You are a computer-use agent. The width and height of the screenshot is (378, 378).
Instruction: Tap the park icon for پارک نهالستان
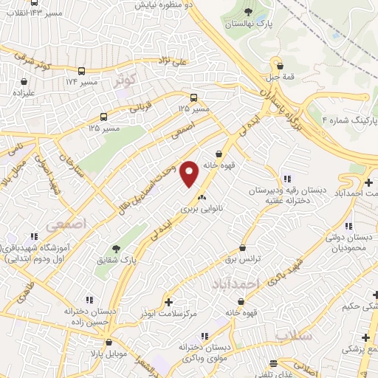click(248, 11)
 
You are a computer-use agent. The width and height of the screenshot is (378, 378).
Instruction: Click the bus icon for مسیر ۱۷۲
click(80, 72)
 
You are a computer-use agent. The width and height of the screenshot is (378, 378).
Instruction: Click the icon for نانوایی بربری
click(202, 197)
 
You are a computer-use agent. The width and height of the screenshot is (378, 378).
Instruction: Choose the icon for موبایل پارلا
click(109, 343)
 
